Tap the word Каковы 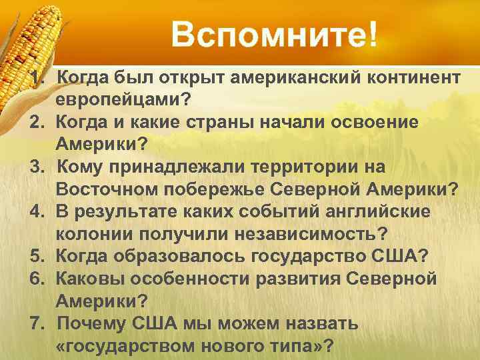95,279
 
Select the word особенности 201,279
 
